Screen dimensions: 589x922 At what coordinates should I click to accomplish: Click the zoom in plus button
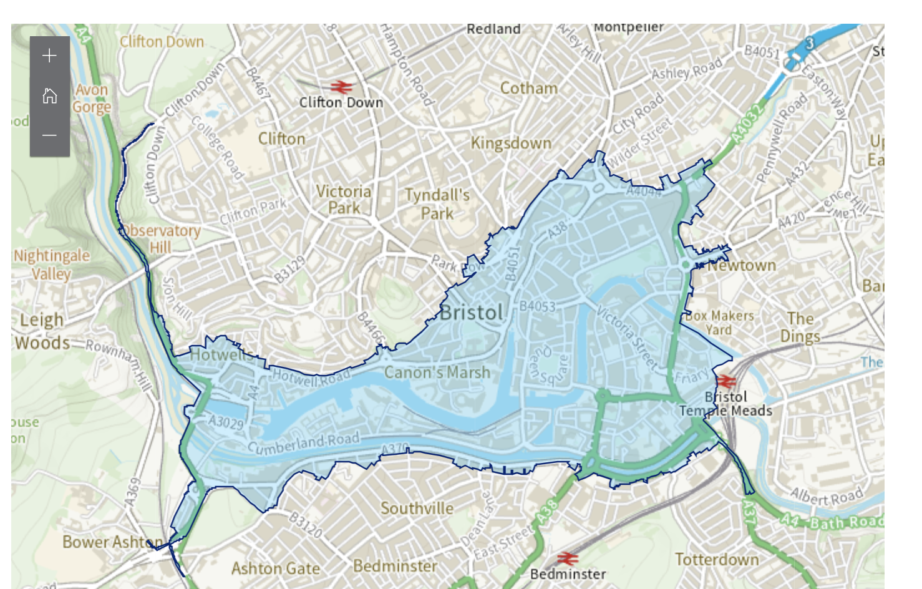coord(49,56)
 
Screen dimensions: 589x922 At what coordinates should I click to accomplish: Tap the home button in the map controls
coord(49,96)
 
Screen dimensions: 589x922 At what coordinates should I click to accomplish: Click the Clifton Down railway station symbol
coord(341,87)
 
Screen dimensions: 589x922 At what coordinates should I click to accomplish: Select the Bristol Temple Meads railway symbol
coord(726,381)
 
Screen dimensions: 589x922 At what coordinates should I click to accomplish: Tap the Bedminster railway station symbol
coord(567,558)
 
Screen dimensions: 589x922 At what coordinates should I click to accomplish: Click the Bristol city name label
coord(471,313)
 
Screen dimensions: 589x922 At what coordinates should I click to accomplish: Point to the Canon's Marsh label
coord(437,373)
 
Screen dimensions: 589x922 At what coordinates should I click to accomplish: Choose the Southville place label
coord(417,509)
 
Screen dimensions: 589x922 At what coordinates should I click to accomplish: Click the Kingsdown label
coord(511,144)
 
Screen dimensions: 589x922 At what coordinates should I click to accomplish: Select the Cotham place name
coord(528,89)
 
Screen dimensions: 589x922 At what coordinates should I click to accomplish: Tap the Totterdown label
coord(717,560)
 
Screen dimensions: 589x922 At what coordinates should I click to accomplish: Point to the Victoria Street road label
coord(626,337)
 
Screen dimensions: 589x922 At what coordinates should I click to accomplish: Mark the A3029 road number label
coord(226,423)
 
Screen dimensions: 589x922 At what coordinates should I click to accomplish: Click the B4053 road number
coord(537,306)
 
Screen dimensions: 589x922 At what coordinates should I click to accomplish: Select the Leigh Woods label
coord(42,331)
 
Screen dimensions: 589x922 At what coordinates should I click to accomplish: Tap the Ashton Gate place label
coord(275,568)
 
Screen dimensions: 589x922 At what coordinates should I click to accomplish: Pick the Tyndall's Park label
coord(437,204)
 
